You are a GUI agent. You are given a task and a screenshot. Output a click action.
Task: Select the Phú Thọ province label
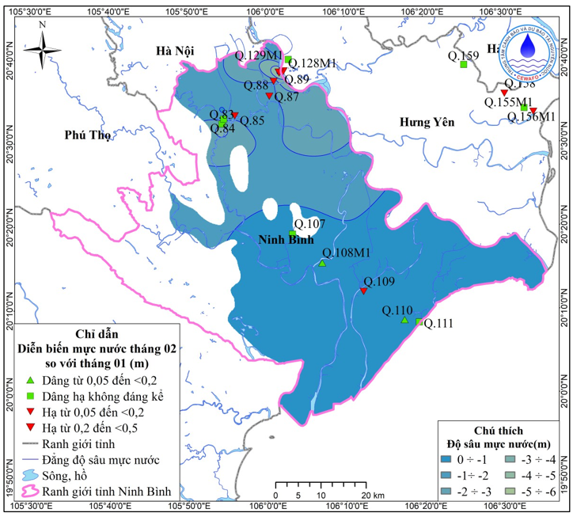pos(88,135)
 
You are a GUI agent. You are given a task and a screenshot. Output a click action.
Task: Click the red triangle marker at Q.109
pos(363,291)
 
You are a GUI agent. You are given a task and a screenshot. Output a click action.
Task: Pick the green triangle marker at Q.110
pos(404,320)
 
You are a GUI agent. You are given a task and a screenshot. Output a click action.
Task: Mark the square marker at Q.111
pos(419,321)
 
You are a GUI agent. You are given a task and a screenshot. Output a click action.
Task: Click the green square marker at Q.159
pos(463,65)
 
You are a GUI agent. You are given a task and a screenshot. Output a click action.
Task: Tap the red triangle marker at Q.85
pos(234,116)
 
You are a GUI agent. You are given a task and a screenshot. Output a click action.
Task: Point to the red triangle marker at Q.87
pos(269,97)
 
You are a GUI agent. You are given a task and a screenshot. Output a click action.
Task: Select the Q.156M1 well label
pos(531,117)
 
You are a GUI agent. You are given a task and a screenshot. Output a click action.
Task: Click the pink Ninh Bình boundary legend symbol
pos(28,492)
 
